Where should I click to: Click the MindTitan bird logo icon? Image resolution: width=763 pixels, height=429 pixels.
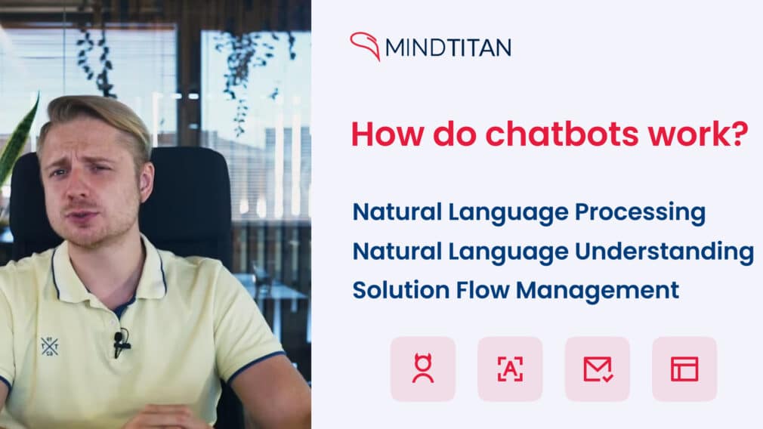pos(365,46)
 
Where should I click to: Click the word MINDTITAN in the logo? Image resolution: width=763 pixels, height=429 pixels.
pos(448,48)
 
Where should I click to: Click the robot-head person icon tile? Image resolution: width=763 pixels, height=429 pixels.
pos(423,369)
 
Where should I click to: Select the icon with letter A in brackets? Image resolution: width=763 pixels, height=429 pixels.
pos(510,369)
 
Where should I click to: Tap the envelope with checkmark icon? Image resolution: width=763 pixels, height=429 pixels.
pos(598,369)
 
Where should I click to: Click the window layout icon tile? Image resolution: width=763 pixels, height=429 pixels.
pos(684,369)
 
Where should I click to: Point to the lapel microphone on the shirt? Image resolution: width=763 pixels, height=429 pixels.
pos(119,342)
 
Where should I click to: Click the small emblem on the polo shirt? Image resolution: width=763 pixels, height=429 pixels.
pos(50,346)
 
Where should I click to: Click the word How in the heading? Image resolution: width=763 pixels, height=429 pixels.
pos(382,134)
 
